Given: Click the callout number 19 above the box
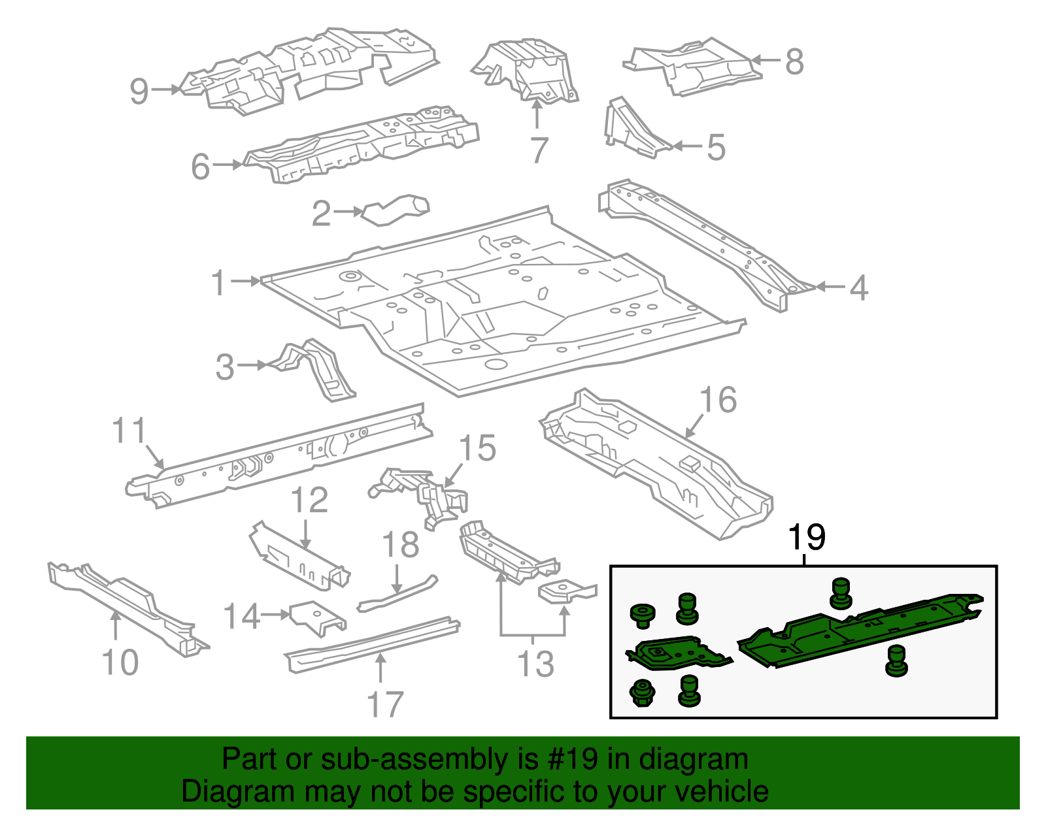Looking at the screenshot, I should (807, 538).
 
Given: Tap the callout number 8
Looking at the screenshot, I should (794, 62).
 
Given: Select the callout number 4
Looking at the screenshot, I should (858, 287).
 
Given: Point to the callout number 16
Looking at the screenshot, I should (718, 400).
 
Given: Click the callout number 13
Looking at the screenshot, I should (535, 664).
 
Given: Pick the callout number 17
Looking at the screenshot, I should (385, 705).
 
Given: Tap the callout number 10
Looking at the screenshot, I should (120, 662).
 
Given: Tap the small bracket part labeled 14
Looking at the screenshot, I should (316, 617).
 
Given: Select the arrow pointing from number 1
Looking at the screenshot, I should (247, 282).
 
